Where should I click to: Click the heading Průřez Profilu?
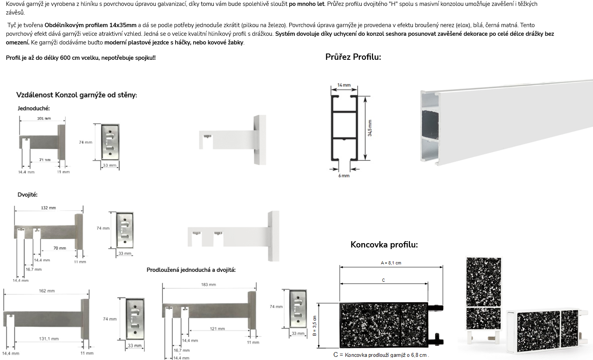pos(353,57)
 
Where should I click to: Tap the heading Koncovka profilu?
pos(384,245)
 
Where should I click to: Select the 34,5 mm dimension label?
pos(370,128)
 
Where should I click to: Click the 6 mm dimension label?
pos(344,176)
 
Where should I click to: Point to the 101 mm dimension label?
pos(44,118)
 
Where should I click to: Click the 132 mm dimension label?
pos(48,208)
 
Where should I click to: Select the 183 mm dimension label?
pos(209,284)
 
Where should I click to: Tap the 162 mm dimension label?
pos(47,291)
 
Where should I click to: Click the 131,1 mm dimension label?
pos(49,339)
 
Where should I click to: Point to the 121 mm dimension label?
pos(217,329)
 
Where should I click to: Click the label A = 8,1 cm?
pos(391,263)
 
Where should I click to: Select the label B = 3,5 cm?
pos(314,326)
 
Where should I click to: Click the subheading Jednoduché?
pos(33,108)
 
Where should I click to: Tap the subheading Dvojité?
pos(28,195)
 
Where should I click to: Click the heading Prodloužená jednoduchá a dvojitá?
pos(191,270)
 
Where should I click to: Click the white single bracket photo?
pos(233,140)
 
